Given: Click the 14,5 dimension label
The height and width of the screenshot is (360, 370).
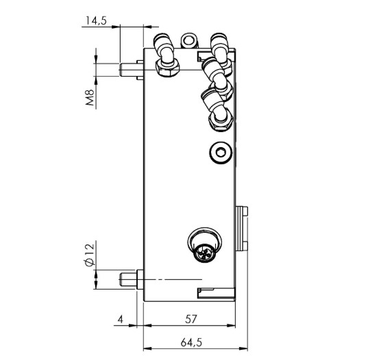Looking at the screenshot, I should tap(94, 21).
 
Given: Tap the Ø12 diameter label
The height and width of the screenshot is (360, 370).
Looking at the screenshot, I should tap(89, 254).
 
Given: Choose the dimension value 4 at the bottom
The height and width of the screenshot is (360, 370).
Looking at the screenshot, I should tap(120, 319).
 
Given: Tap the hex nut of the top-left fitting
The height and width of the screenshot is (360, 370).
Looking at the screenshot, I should tap(168, 67).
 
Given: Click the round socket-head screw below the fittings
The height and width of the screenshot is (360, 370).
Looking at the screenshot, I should tap(220, 153).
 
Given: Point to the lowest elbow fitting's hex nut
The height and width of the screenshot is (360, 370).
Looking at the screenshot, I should tap(220, 121).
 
